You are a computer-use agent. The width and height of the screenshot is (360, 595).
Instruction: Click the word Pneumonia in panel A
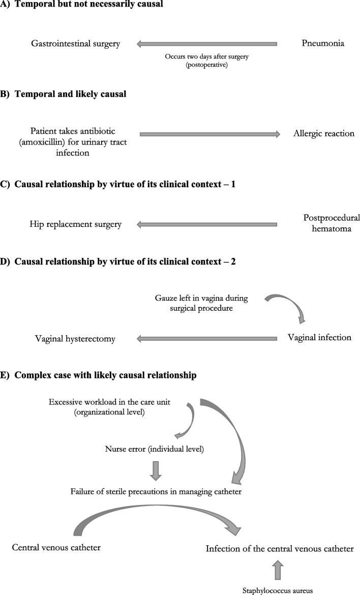click(x=322, y=43)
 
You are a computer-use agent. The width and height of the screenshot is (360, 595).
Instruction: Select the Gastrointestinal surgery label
click(x=76, y=44)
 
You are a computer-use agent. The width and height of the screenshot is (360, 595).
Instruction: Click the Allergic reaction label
click(x=323, y=134)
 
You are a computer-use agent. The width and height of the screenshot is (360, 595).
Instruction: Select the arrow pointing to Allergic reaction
click(x=209, y=134)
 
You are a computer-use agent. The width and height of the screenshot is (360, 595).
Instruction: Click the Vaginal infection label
click(x=319, y=337)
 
